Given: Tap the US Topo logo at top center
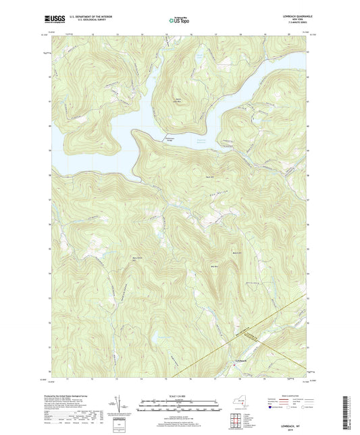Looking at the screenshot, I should [179, 21].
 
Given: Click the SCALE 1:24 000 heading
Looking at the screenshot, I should [179, 395].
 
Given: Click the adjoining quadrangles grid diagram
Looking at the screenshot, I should [233, 422].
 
